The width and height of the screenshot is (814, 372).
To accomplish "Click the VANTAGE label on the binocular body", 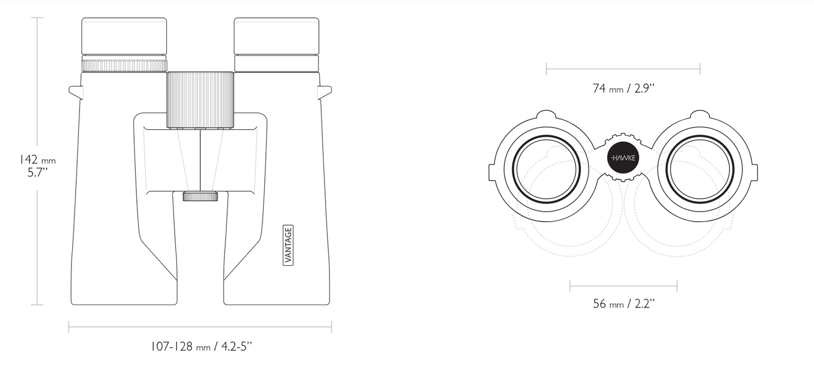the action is click(x=288, y=245).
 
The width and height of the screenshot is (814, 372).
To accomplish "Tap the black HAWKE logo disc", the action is click(x=623, y=158).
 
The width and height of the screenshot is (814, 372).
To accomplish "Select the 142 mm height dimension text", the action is click(x=37, y=160).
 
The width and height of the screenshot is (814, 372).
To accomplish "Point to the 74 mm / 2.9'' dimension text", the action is click(x=623, y=88).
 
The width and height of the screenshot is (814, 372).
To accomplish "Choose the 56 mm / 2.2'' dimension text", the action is click(x=624, y=304).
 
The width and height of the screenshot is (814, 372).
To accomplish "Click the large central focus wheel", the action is click(x=200, y=100).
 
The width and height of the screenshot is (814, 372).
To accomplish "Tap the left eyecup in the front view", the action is click(x=124, y=36).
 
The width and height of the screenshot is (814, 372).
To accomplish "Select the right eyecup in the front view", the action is click(x=277, y=36).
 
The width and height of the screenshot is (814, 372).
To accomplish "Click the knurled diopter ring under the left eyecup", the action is click(x=124, y=66).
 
